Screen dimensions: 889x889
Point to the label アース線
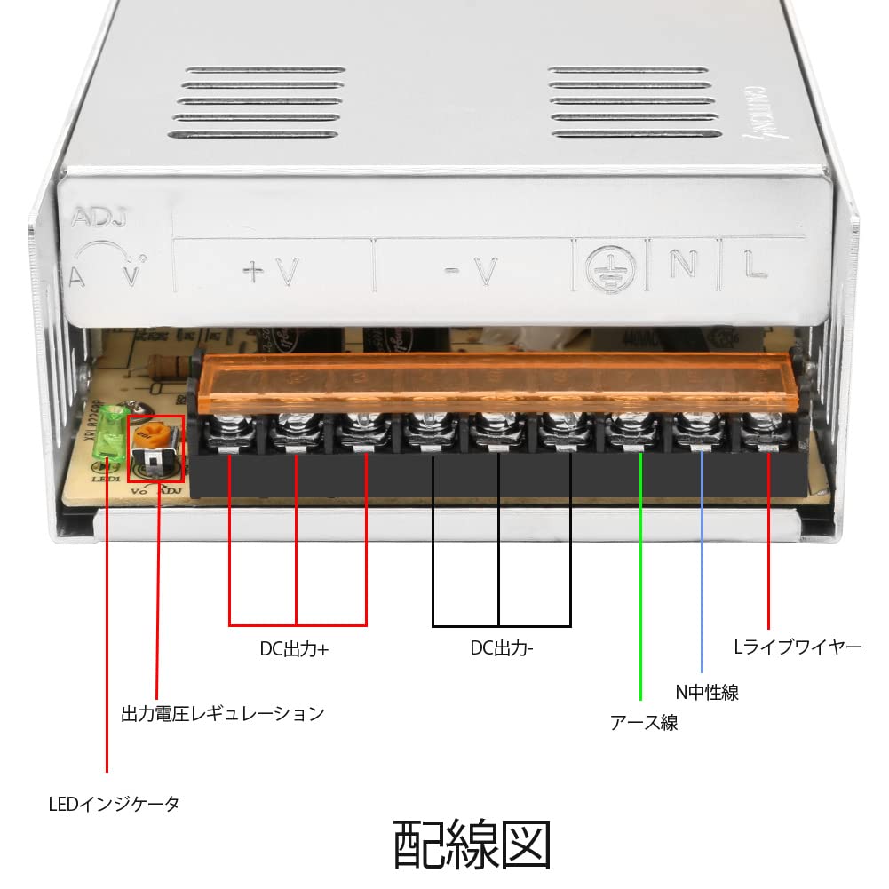[x=644, y=722]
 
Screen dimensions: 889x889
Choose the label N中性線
[x=706, y=692]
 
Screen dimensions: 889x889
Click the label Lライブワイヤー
[x=798, y=647]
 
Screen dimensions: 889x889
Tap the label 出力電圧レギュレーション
[x=223, y=713]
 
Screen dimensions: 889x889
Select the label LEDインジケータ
[x=114, y=805]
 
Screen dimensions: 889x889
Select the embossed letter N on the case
[x=683, y=266]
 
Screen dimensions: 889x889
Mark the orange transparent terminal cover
[x=497, y=373]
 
